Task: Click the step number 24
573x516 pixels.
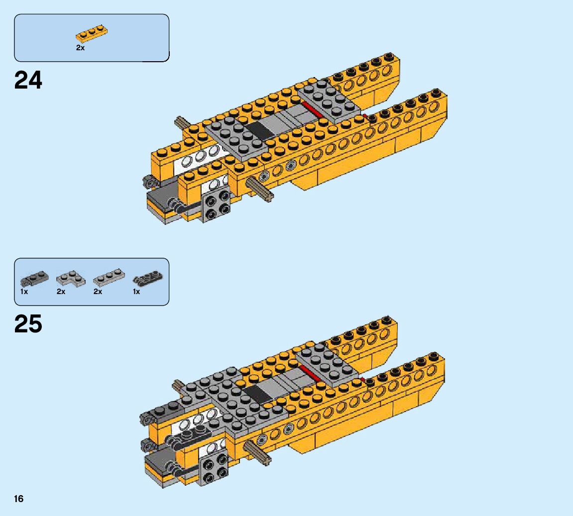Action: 28,80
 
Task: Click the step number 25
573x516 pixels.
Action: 28,324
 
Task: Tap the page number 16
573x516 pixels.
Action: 18,499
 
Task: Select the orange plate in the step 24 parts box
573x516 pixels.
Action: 92,34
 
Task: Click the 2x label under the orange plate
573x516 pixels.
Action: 80,48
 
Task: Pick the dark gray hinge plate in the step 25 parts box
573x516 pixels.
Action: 34,279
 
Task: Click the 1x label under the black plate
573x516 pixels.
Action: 136,292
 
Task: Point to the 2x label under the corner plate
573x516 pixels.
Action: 61,292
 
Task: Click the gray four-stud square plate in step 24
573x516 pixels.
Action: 217,206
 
